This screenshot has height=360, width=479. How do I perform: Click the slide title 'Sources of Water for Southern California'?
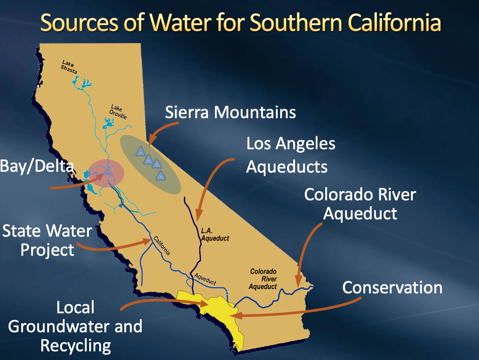coord(240,22)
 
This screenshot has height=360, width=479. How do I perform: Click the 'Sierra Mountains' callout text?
coord(230,112)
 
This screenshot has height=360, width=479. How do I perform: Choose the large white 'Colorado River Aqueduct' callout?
coord(359,203)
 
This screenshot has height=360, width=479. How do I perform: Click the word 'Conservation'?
coord(392,288)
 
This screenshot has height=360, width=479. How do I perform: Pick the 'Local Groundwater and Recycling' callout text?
coord(75,326)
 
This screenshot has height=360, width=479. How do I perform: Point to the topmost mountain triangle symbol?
coord(140,151)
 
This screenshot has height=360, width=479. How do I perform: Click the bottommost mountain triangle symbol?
coord(161,176)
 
